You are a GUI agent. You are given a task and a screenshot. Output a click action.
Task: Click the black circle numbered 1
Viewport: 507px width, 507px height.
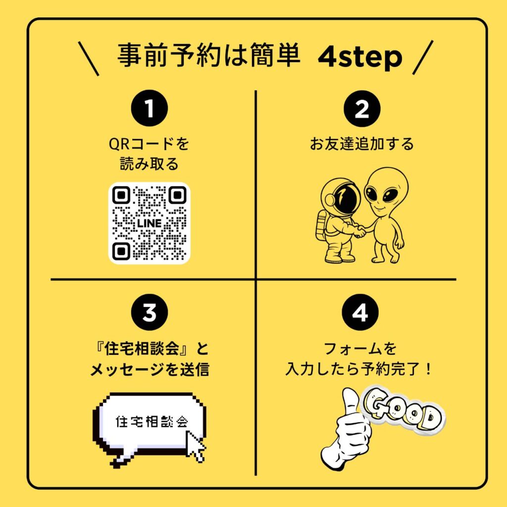coord(150,108)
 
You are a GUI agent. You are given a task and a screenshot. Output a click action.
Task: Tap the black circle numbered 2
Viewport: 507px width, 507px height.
coord(362,108)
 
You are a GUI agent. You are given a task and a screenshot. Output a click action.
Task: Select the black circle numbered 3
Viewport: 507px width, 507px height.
coord(150,312)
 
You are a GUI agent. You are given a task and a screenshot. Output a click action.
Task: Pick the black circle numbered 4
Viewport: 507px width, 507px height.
coord(360,312)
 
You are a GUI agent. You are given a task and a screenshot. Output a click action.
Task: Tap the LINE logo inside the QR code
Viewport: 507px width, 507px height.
coord(149,223)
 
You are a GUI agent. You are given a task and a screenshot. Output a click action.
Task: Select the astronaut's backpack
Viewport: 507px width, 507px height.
coord(320,225)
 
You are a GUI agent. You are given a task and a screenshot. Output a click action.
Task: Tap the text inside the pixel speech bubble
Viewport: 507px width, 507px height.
coord(152,422)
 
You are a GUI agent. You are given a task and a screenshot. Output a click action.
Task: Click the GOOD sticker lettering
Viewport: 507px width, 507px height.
coord(403,409)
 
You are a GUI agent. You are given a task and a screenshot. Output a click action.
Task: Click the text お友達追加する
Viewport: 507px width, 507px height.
coord(362,144)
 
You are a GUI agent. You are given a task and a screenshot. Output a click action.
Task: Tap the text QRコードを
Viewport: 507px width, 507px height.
coord(149,144)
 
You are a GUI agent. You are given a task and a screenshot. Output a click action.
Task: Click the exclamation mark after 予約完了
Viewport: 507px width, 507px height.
coord(428,369)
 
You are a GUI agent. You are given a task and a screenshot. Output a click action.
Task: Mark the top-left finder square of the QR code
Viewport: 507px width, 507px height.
coord(121,195)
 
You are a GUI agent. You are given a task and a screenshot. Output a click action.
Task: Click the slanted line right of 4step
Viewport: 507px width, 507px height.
coord(423,57)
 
